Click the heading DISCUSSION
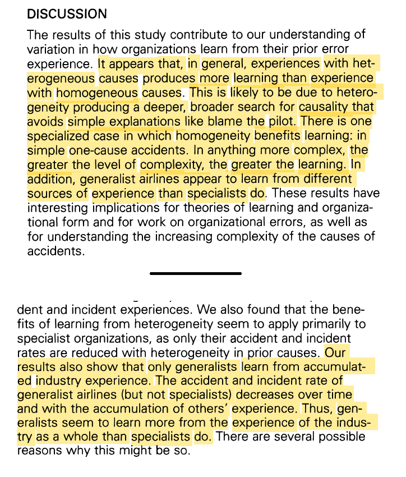point(67,13)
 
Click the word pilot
point(283,121)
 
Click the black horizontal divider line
point(196,273)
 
